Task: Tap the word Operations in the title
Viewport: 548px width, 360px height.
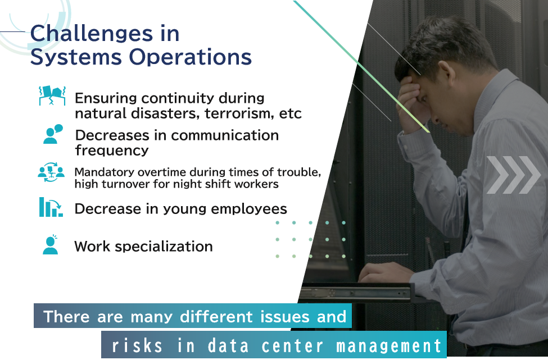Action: click(191, 57)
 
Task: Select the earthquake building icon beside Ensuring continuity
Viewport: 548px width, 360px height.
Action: click(52, 95)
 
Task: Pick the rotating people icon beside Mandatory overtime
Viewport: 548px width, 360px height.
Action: click(51, 172)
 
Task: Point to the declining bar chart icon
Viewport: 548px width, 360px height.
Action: click(51, 207)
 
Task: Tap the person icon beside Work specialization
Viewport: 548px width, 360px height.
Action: click(51, 244)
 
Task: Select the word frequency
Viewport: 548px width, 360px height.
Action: click(112, 151)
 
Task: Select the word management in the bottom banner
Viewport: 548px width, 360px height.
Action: click(388, 346)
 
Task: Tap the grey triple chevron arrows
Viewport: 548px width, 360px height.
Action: click(513, 175)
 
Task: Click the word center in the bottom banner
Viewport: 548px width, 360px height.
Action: click(292, 346)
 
